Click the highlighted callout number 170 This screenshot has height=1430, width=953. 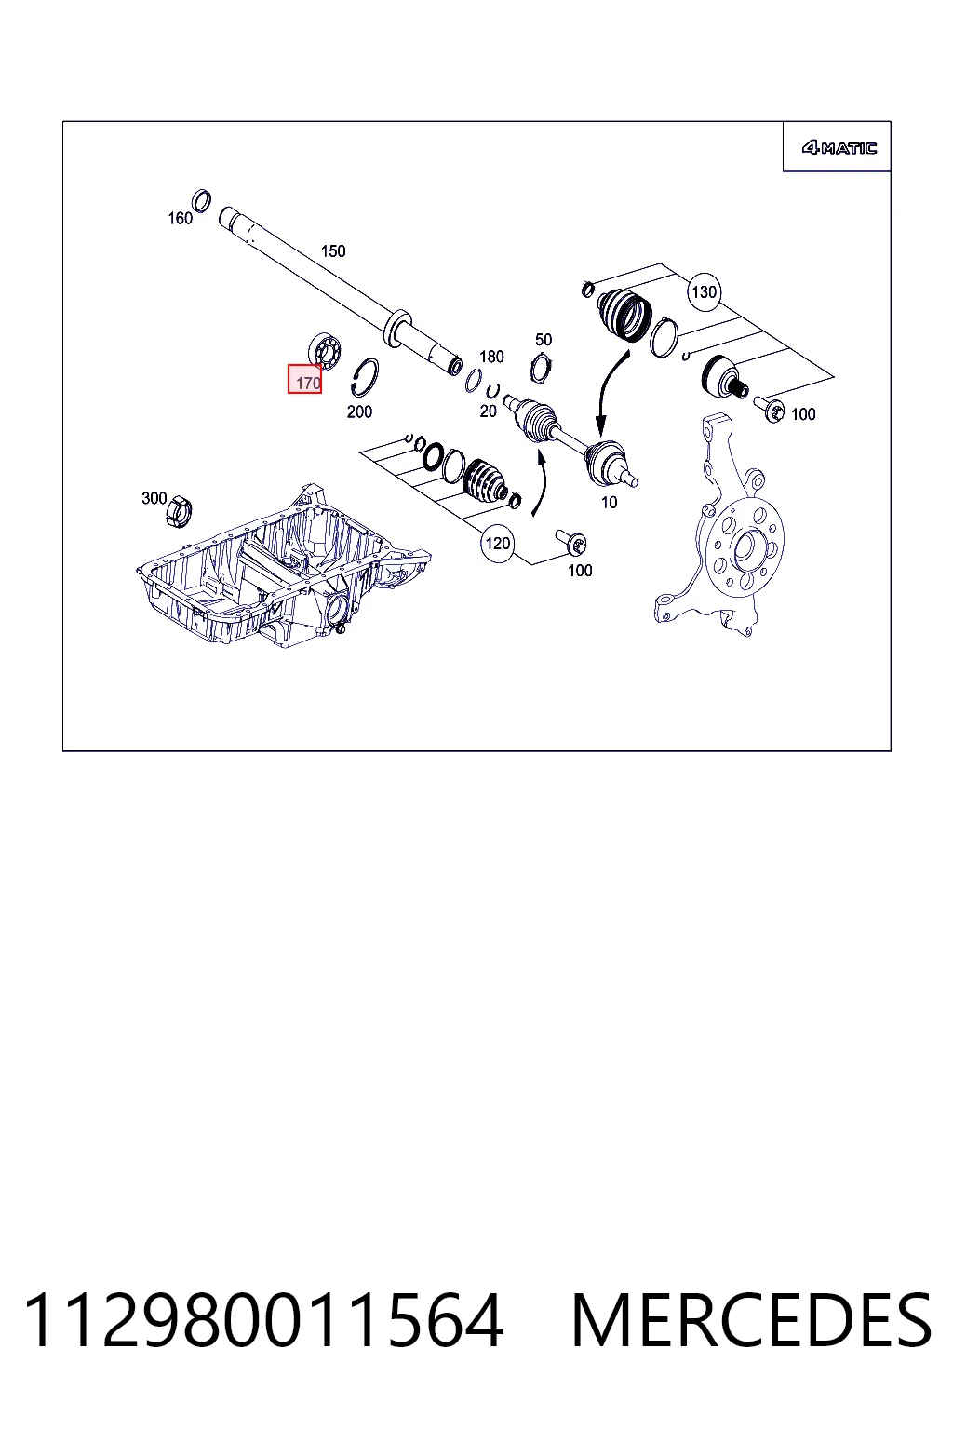pyautogui.click(x=304, y=379)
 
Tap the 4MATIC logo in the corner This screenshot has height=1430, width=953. pyautogui.click(x=839, y=148)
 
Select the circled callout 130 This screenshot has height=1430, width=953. pyautogui.click(x=704, y=291)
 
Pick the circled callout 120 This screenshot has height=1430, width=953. pyautogui.click(x=497, y=544)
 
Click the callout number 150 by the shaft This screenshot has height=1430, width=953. pyautogui.click(x=332, y=251)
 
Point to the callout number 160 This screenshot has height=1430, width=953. pyautogui.click(x=180, y=219)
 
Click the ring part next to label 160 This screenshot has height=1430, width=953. pyautogui.click(x=202, y=200)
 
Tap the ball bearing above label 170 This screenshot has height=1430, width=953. pyautogui.click(x=324, y=350)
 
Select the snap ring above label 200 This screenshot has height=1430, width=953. pyautogui.click(x=365, y=377)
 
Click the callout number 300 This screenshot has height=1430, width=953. pyautogui.click(x=154, y=498)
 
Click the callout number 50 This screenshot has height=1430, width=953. pyautogui.click(x=544, y=340)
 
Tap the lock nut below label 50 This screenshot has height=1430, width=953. pyautogui.click(x=541, y=369)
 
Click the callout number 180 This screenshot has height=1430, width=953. pyautogui.click(x=491, y=357)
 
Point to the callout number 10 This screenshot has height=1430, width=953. pyautogui.click(x=609, y=503)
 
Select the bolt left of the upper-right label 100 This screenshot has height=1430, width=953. pyautogui.click(x=769, y=409)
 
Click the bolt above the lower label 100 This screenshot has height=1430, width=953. pyautogui.click(x=571, y=541)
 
